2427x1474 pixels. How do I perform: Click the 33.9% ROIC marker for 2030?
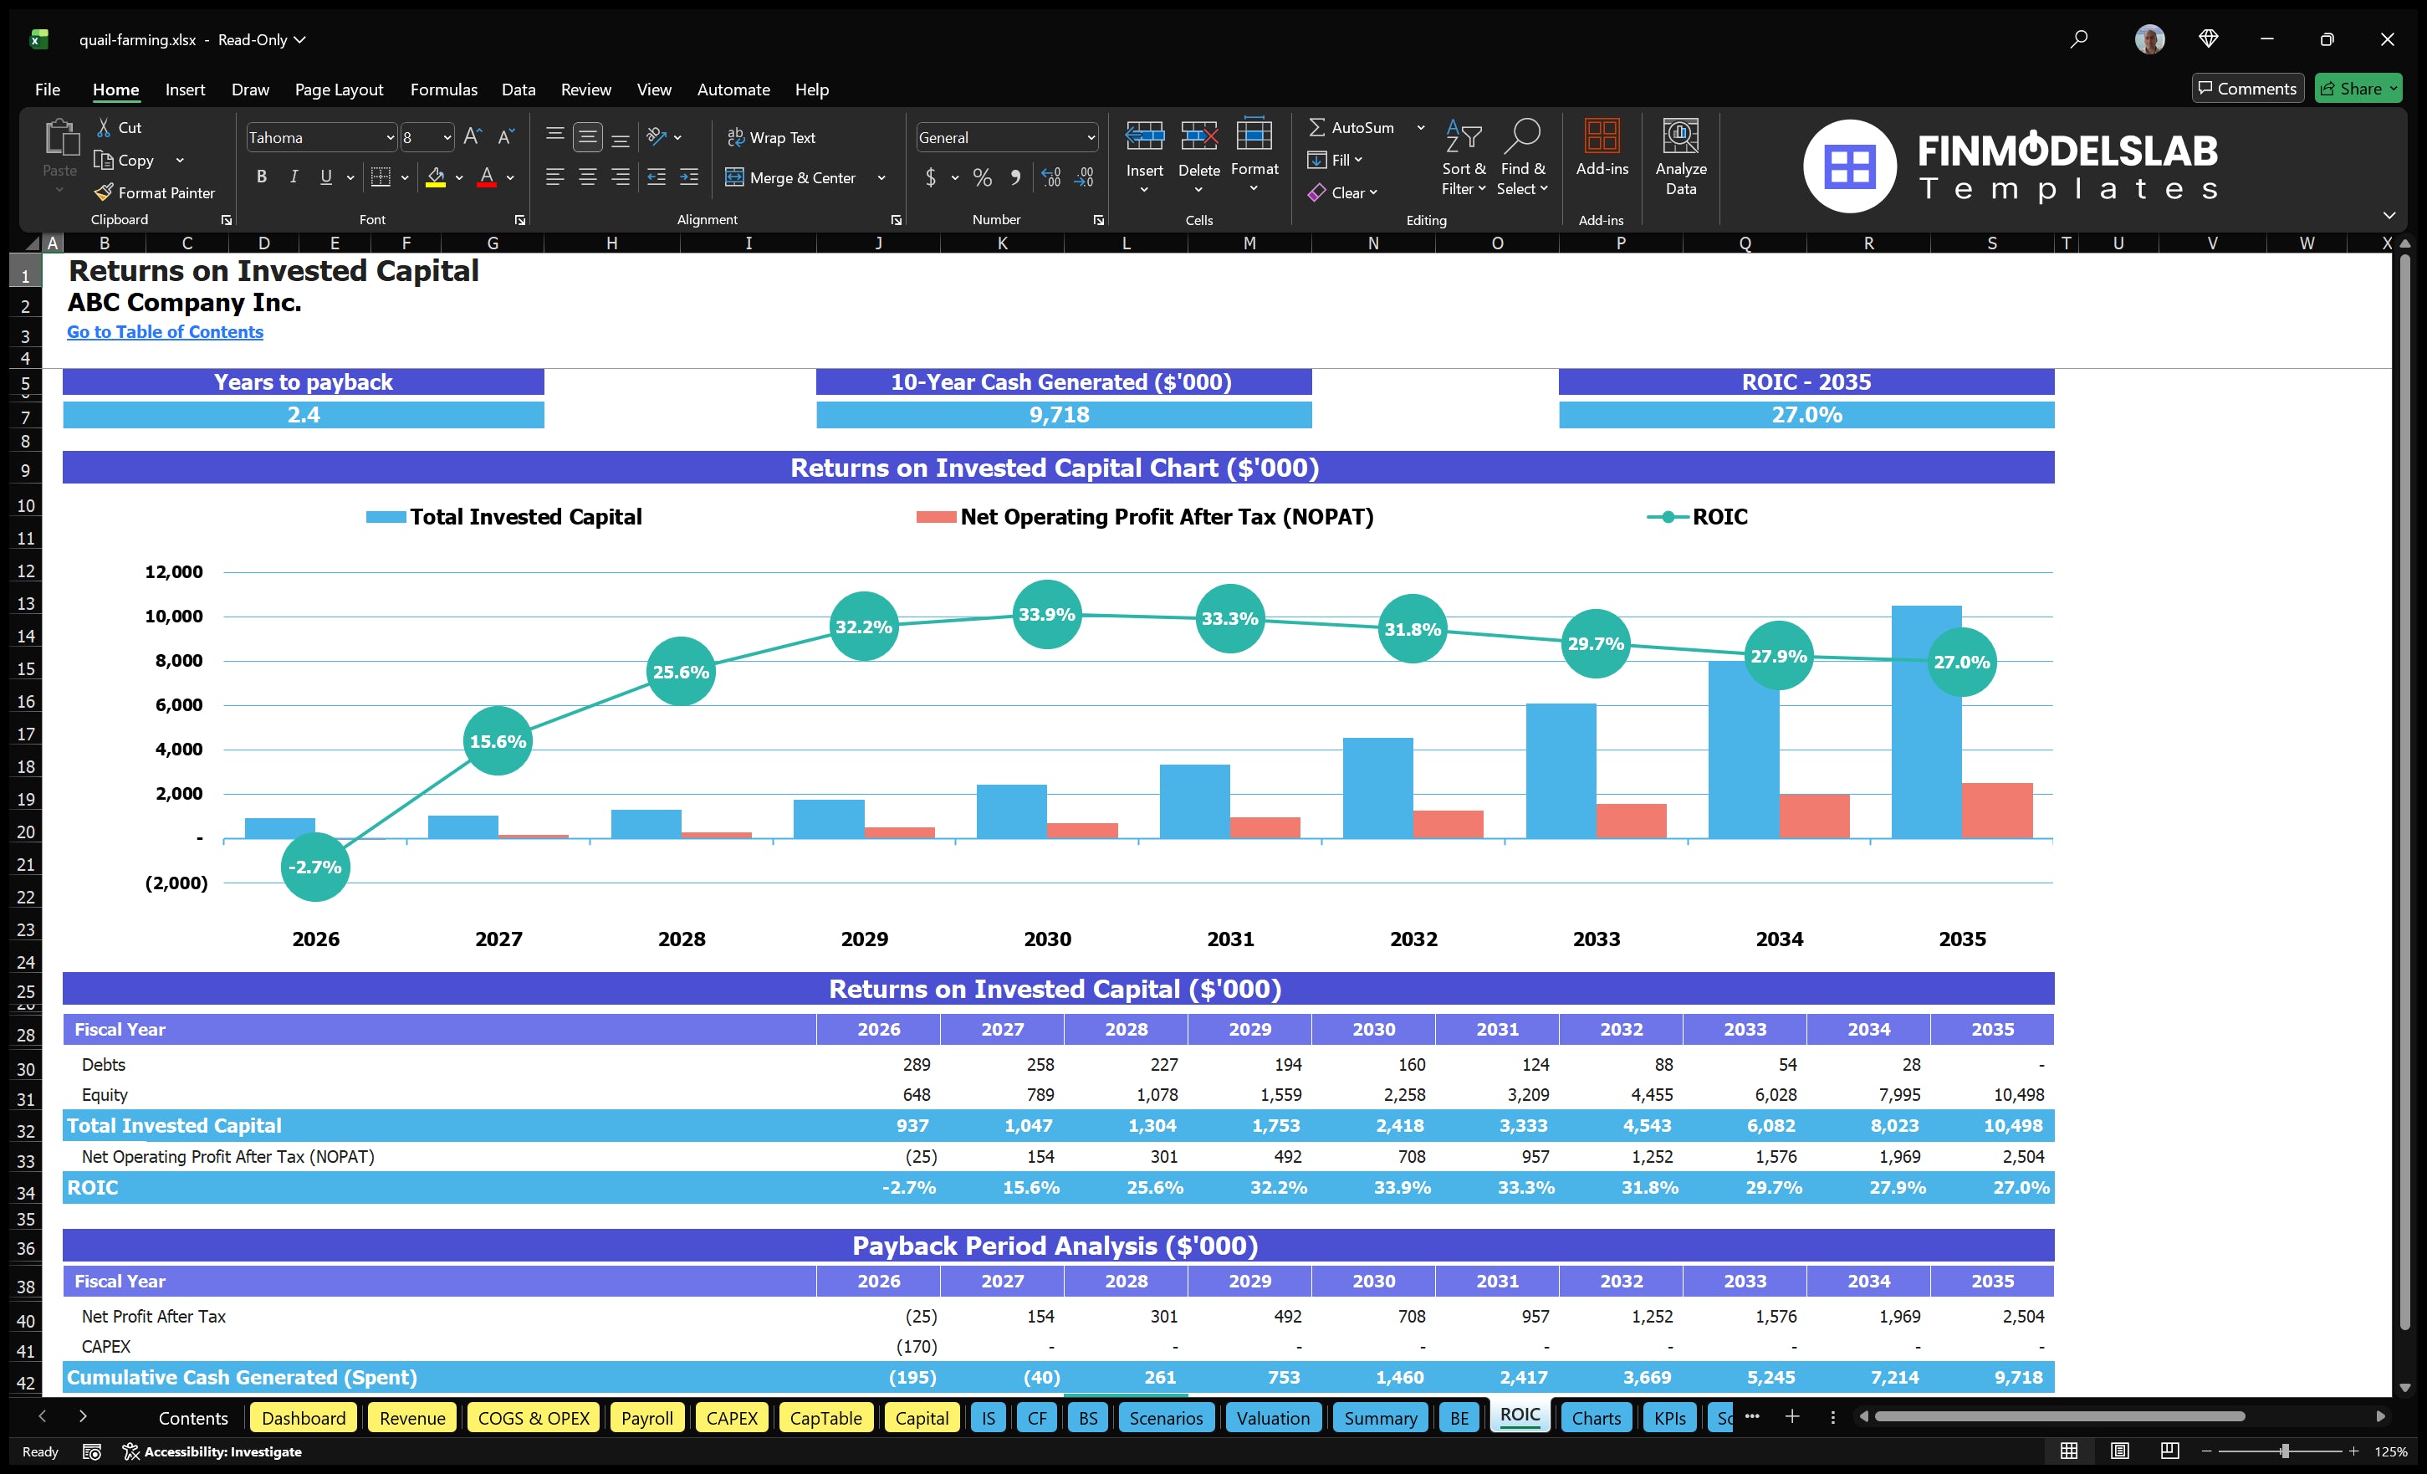coord(1046,614)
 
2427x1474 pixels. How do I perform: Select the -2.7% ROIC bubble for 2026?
coord(315,867)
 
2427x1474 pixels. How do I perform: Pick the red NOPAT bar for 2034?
coord(1813,816)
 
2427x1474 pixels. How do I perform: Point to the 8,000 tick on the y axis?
coord(178,660)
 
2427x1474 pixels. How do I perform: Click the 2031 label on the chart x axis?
coord(1230,939)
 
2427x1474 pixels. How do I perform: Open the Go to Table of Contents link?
coord(165,332)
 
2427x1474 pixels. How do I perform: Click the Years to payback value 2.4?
coord(304,415)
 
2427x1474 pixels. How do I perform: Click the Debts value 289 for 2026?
coord(916,1064)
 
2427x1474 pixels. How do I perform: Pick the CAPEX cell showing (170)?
coord(916,1346)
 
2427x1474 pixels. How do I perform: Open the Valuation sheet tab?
coord(1273,1418)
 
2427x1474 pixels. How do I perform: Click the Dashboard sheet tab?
coord(304,1418)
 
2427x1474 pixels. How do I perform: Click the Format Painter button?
coord(156,193)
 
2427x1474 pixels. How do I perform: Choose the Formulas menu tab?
coord(443,90)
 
